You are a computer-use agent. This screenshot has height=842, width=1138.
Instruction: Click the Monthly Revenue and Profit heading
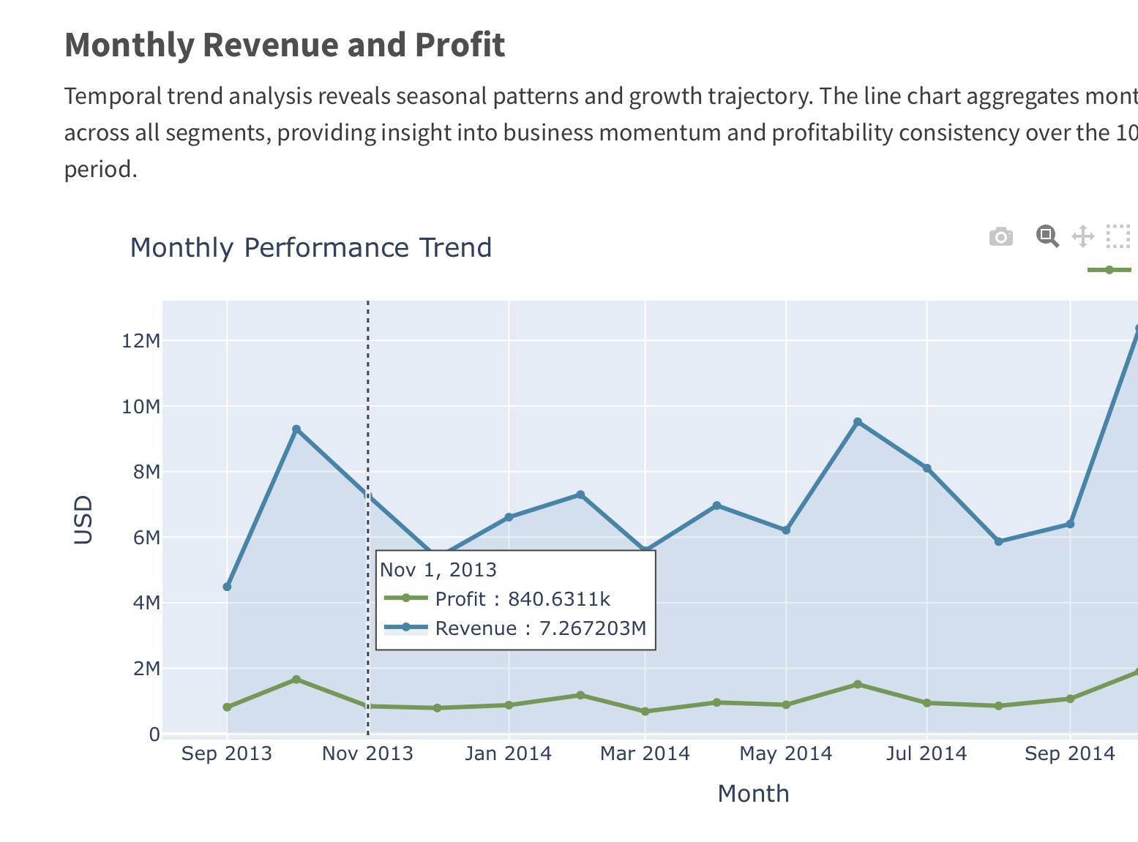285,45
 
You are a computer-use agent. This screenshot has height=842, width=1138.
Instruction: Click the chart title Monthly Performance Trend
310,248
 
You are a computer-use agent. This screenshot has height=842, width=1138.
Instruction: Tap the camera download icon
1000,237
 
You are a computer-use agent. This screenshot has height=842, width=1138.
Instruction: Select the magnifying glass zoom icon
1047,236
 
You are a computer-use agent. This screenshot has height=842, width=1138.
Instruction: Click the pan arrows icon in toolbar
1082,237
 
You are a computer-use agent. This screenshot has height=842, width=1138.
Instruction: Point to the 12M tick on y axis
141,341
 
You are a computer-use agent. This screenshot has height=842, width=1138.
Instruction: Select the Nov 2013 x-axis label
367,753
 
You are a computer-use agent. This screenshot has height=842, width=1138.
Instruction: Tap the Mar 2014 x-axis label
645,753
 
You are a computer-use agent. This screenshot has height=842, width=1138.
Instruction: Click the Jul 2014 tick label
926,753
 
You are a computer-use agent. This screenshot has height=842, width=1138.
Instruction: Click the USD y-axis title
83,519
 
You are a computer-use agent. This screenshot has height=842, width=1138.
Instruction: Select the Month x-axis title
753,794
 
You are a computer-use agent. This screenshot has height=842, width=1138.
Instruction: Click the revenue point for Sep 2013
227,587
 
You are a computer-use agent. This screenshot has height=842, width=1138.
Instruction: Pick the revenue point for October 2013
296,429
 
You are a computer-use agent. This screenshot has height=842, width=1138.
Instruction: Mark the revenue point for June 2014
858,422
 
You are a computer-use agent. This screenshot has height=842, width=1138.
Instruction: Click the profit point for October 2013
296,680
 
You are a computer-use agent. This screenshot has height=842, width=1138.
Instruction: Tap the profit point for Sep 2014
1070,699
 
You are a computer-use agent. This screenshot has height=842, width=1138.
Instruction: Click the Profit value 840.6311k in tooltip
558,599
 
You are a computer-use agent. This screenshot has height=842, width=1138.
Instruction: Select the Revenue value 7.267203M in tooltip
592,628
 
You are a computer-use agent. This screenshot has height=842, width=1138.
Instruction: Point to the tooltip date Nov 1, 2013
438,570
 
